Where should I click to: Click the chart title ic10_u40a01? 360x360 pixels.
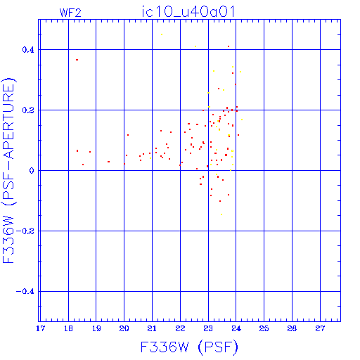pyautogui.click(x=188, y=12)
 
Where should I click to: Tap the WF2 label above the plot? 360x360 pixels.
pyautogui.click(x=70, y=13)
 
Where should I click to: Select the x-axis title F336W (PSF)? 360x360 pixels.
pyautogui.click(x=189, y=347)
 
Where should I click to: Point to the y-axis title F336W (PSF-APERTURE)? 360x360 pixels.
pyautogui.click(x=9, y=171)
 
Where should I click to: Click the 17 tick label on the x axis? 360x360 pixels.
pyautogui.click(x=40, y=328)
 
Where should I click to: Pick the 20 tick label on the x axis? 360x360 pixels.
pyautogui.click(x=124, y=328)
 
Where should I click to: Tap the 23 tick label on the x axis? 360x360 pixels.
pyautogui.click(x=208, y=328)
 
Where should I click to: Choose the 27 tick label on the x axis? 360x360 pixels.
pyautogui.click(x=320, y=328)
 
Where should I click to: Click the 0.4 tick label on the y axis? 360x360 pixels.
pyautogui.click(x=28, y=50)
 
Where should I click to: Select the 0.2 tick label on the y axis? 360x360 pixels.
pyautogui.click(x=28, y=110)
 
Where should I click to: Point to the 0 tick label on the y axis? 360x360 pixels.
pyautogui.click(x=32, y=171)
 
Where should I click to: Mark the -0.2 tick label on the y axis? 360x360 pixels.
pyautogui.click(x=25, y=231)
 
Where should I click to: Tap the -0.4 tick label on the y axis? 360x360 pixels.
pyautogui.click(x=25, y=292)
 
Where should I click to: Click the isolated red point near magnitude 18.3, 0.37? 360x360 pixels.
pyautogui.click(x=77, y=60)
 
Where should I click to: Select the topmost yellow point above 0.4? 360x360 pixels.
pyautogui.click(x=162, y=34)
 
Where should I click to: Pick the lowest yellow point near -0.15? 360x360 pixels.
pyautogui.click(x=221, y=214)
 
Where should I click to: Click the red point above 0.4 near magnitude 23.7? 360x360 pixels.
pyautogui.click(x=229, y=46)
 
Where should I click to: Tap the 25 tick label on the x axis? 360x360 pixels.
pyautogui.click(x=264, y=328)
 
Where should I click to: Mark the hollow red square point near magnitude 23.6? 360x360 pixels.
pyautogui.click(x=226, y=155)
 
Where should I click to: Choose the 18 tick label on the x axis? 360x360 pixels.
pyautogui.click(x=68, y=328)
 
